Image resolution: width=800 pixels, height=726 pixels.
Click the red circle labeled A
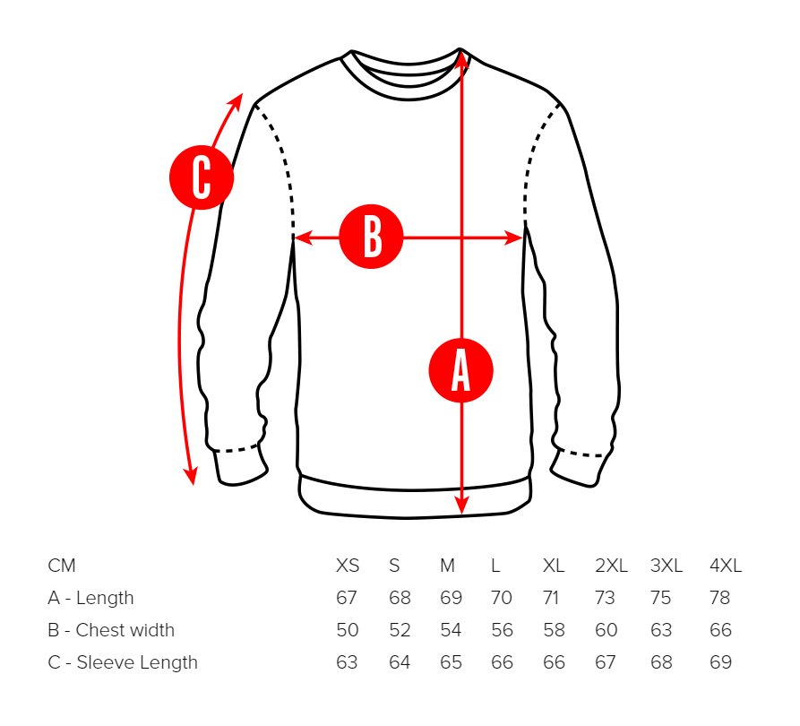(x=460, y=370)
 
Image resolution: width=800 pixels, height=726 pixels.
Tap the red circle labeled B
(x=372, y=238)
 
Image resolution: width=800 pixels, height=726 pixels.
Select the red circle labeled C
(x=202, y=177)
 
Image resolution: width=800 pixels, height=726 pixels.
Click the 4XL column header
(x=725, y=566)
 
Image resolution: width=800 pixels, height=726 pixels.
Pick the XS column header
(x=348, y=566)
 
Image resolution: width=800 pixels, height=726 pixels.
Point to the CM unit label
(x=62, y=566)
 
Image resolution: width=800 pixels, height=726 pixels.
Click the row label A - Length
(x=90, y=598)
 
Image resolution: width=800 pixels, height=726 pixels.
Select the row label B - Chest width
(x=111, y=630)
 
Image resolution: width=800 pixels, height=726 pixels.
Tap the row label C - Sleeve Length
(x=123, y=662)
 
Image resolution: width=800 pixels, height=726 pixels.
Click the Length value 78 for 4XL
(x=719, y=598)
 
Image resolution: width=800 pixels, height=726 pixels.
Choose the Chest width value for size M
(x=451, y=630)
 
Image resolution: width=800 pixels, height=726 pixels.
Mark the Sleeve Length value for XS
(x=347, y=662)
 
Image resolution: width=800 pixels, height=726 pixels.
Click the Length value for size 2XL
(x=606, y=598)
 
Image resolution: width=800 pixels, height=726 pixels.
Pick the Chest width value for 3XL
(x=661, y=630)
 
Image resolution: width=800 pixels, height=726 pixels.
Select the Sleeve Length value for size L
(x=503, y=662)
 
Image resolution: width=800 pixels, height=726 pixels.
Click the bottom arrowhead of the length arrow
(x=461, y=506)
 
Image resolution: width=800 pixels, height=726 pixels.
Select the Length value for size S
(x=399, y=598)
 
